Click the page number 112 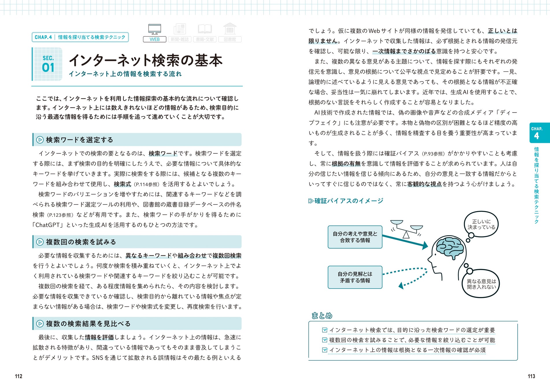(18, 376)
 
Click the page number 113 (531, 376)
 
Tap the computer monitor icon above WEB (155, 29)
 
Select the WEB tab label (155, 39)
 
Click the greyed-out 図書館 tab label (230, 39)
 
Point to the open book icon (205, 29)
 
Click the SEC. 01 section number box (48, 64)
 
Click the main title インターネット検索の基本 (146, 60)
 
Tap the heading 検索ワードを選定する (79, 140)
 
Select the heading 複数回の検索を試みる (81, 242)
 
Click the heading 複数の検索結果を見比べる (88, 324)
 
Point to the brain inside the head (449, 247)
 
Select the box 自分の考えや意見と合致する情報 (355, 237)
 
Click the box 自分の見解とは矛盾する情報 (355, 277)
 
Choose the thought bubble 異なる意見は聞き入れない (481, 284)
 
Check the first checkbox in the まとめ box (325, 330)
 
